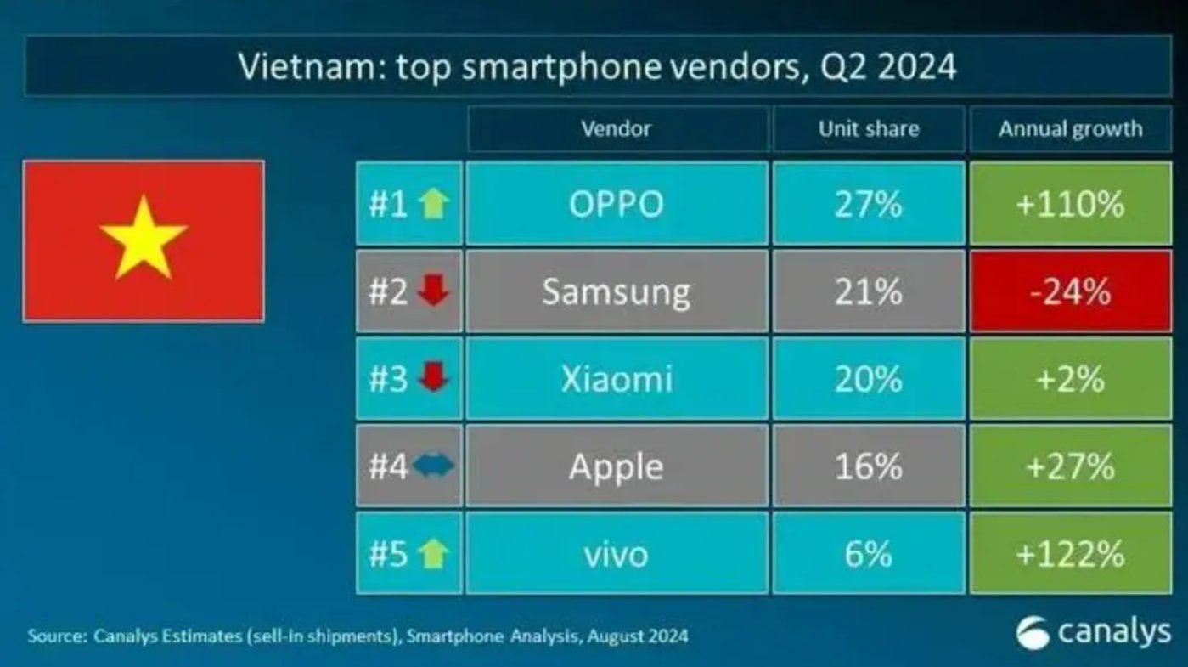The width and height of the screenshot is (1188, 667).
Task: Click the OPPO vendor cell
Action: click(617, 204)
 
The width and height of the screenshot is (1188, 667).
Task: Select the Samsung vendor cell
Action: click(617, 291)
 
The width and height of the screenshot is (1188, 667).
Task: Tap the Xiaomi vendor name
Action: click(617, 379)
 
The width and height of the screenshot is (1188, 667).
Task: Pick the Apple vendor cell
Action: click(617, 466)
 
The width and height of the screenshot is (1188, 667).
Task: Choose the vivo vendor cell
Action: click(617, 554)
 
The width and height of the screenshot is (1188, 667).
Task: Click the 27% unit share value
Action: click(868, 204)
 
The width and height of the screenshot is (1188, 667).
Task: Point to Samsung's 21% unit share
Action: click(868, 291)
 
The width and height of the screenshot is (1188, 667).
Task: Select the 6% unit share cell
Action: click(868, 554)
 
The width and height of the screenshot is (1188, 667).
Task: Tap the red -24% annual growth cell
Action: click(1069, 291)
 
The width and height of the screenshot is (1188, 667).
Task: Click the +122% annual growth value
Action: click(1069, 554)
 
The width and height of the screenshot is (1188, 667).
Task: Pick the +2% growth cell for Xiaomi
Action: click(1069, 379)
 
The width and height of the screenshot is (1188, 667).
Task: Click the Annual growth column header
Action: click(1070, 129)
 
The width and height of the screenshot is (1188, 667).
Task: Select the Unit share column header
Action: click(868, 129)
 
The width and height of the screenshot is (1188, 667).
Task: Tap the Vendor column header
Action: click(617, 129)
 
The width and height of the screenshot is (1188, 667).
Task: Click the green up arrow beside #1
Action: click(434, 205)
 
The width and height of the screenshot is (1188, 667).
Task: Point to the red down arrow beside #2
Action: click(434, 292)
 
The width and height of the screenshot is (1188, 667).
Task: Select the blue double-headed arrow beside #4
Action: click(435, 466)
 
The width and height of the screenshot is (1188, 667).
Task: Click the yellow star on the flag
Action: click(143, 237)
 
